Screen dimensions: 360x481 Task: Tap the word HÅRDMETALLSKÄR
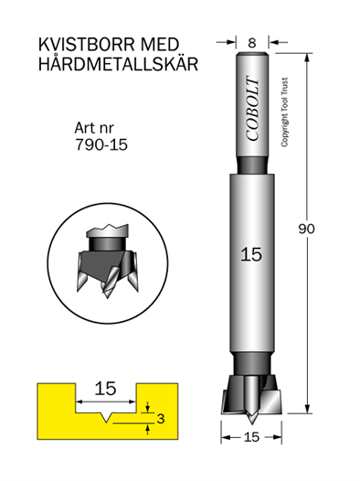(x=118, y=64)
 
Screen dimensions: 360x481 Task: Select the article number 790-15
(x=101, y=144)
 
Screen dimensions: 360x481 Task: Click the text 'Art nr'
(x=94, y=128)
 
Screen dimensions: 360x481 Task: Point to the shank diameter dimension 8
(x=252, y=43)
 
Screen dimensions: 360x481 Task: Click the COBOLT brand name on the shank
(x=253, y=109)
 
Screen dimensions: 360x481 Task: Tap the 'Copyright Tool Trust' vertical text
(x=284, y=112)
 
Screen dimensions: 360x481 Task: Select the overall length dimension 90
(x=307, y=230)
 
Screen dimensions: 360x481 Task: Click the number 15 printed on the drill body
(x=251, y=254)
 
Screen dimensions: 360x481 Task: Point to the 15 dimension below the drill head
(x=252, y=437)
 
